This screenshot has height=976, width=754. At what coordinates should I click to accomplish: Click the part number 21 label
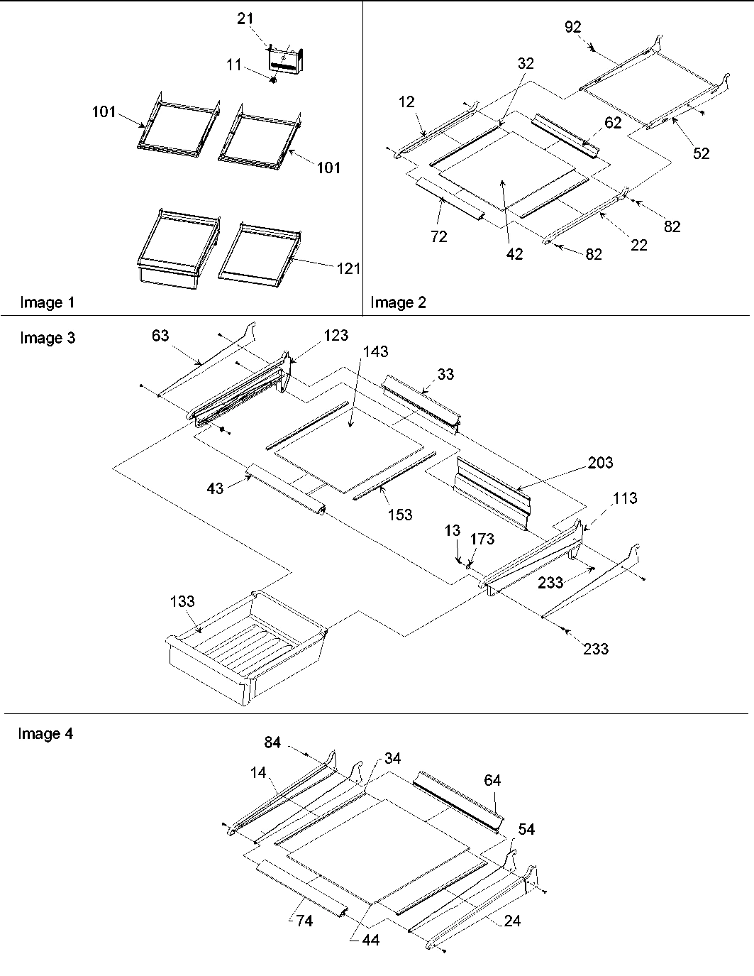tap(245, 18)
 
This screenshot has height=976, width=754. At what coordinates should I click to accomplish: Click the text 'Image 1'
tap(47, 303)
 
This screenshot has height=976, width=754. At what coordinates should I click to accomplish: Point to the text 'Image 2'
tap(399, 303)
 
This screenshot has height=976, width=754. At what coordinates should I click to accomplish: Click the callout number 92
tap(573, 27)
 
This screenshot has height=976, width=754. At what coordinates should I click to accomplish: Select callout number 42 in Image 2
tap(514, 253)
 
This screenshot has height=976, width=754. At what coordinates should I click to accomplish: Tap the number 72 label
tap(439, 236)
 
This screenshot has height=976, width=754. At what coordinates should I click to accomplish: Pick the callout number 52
tap(701, 153)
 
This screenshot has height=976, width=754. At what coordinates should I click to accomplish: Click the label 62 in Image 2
tap(613, 123)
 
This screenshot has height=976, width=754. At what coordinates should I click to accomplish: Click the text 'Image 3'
tap(47, 338)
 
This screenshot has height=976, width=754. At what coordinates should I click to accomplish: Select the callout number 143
tap(375, 351)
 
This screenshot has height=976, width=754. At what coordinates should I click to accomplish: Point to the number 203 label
tap(600, 463)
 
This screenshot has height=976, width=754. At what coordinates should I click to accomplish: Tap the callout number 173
tap(482, 539)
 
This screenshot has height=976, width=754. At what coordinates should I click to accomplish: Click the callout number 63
tap(161, 335)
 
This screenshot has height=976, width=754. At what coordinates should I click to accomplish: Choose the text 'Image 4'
tap(45, 734)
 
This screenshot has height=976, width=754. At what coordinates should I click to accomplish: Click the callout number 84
tap(273, 742)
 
